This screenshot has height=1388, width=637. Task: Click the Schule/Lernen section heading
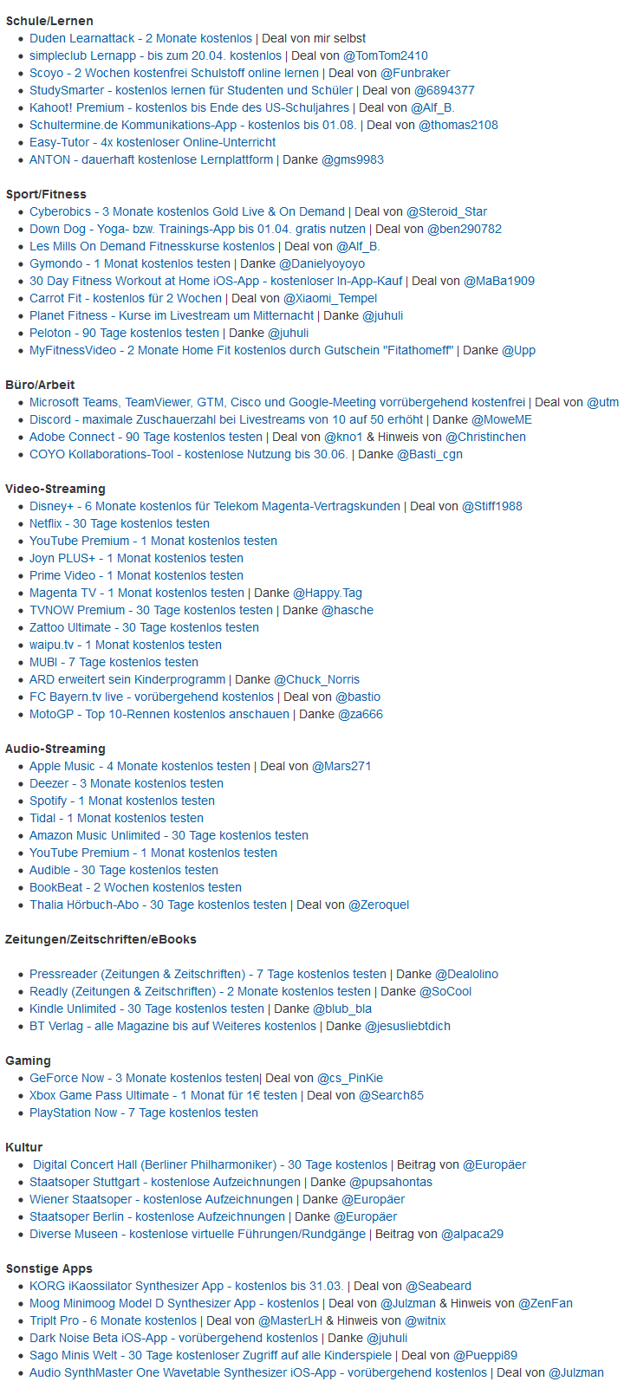(49, 21)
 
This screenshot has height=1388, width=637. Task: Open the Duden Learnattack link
(140, 38)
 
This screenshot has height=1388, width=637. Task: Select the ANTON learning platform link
(151, 159)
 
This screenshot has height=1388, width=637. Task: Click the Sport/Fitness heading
(46, 194)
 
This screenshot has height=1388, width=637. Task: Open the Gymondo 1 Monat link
(130, 263)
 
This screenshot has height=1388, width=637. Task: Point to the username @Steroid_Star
(446, 211)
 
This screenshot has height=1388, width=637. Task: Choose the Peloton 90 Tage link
(124, 333)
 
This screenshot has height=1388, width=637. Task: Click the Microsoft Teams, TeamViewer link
(277, 402)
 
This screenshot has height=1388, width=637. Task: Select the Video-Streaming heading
(55, 489)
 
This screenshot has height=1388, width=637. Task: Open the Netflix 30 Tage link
(120, 523)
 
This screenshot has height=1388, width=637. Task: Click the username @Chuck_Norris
(316, 679)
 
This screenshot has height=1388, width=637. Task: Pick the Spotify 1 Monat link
(122, 801)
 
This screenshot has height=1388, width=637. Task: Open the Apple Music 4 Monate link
(140, 766)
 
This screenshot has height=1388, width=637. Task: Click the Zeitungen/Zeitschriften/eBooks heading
(101, 939)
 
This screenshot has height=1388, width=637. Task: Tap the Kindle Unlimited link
(146, 1009)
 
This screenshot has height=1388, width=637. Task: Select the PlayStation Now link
(144, 1112)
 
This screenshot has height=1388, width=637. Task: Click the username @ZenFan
(545, 1303)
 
